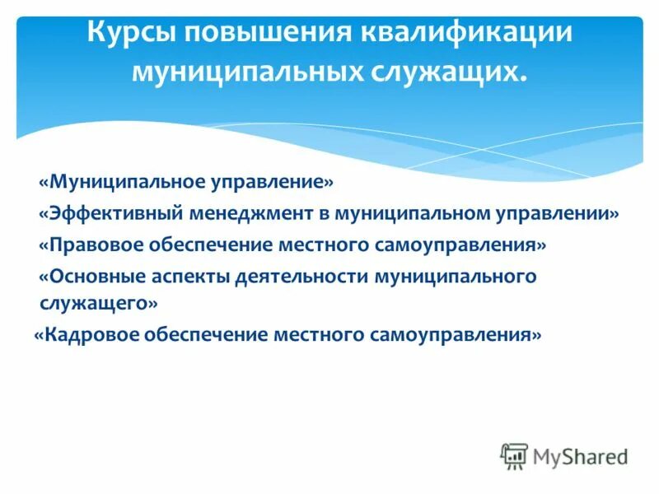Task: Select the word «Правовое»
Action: coord(99,245)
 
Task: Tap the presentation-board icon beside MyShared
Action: coord(514,456)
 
